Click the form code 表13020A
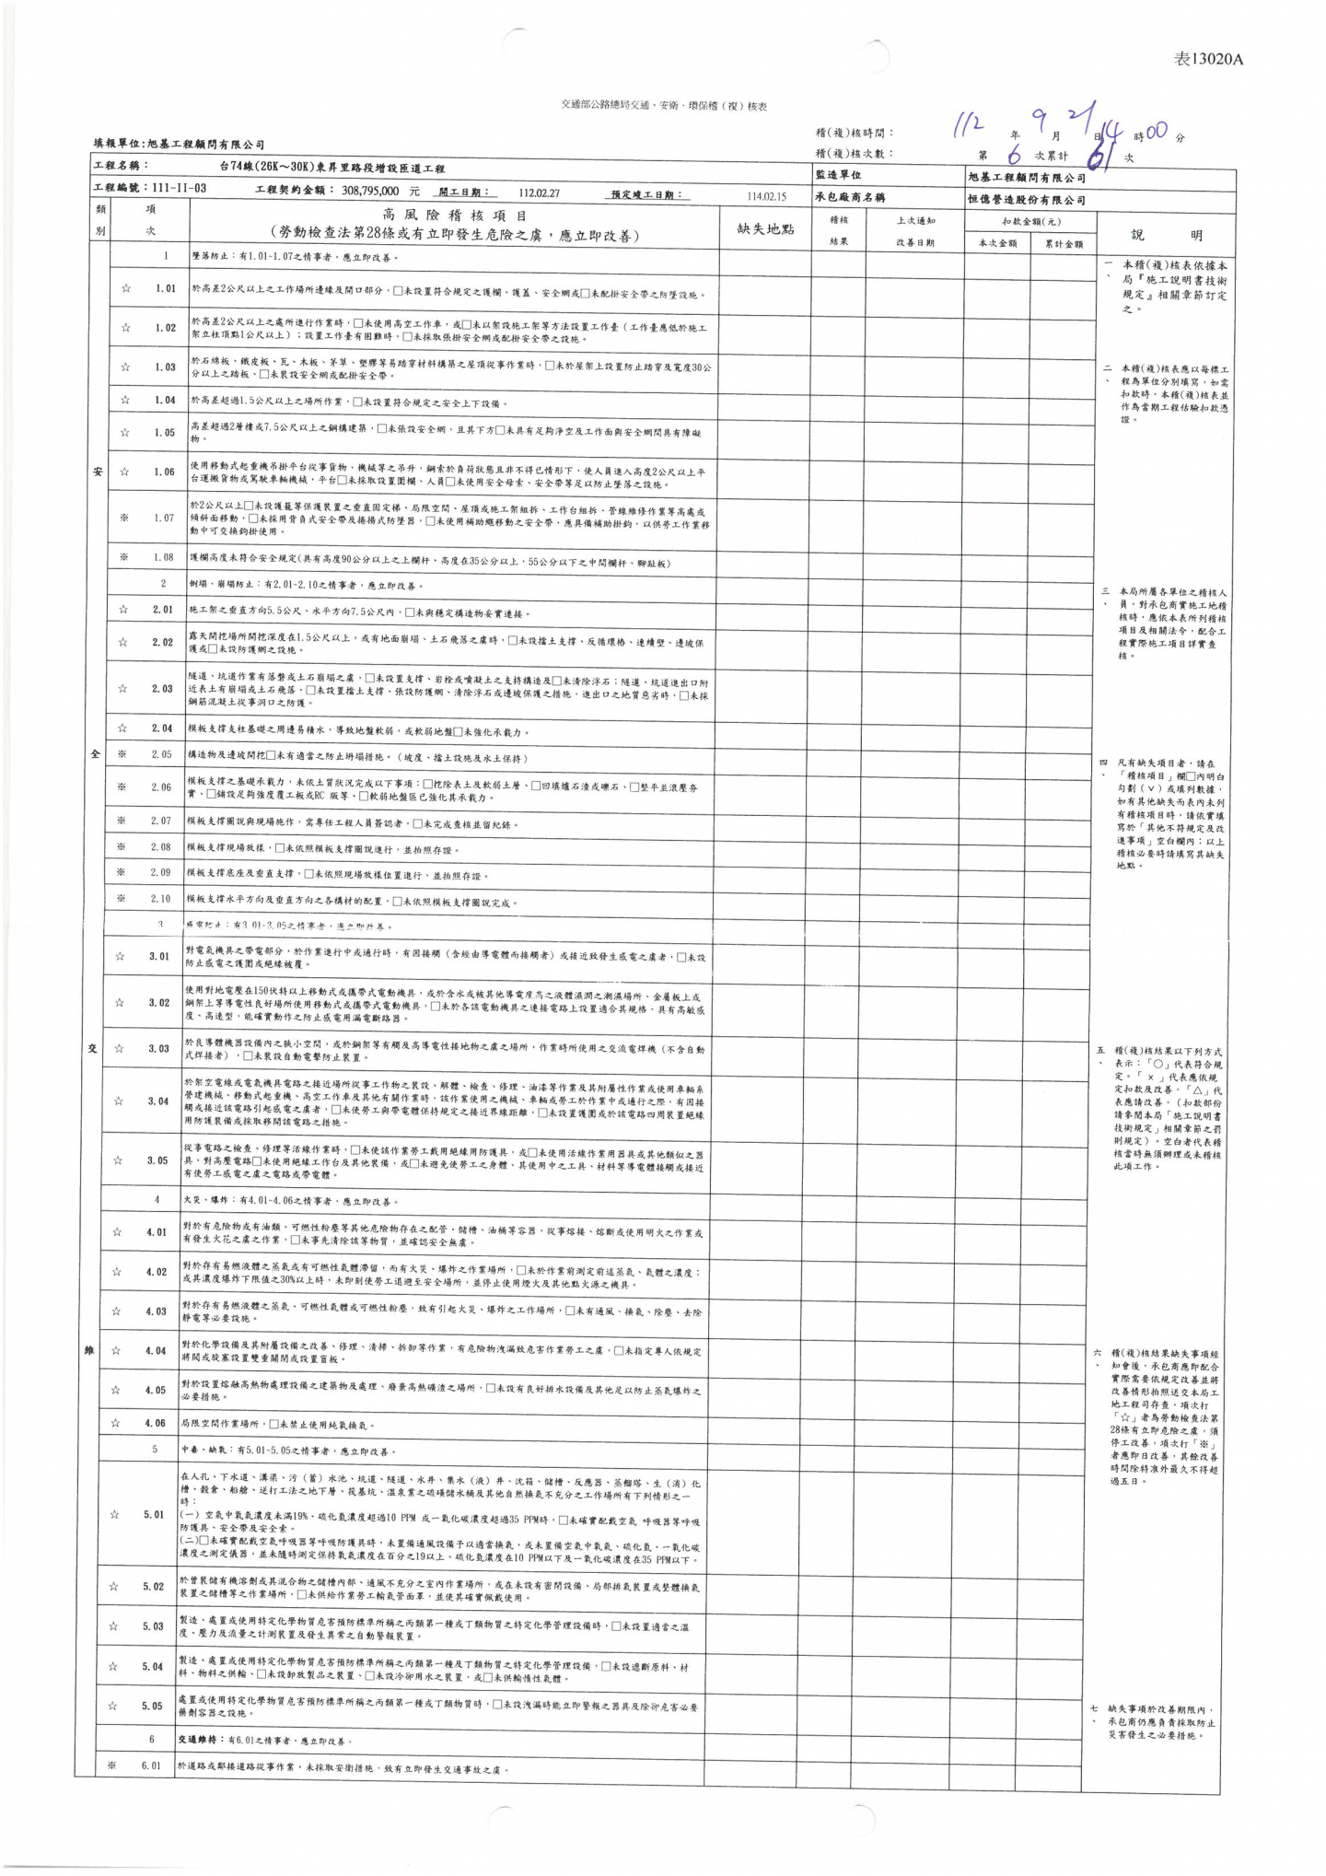pyautogui.click(x=1208, y=60)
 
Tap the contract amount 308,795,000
pyautogui.click(x=370, y=192)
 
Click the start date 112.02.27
pyautogui.click(x=539, y=193)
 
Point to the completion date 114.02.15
pyautogui.click(x=766, y=196)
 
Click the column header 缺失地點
pyautogui.click(x=765, y=228)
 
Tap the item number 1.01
pyautogui.click(x=166, y=288)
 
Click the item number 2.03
pyautogui.click(x=163, y=688)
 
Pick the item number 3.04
pyautogui.click(x=158, y=1101)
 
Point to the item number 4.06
pyautogui.click(x=155, y=1423)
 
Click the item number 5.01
pyautogui.click(x=154, y=1514)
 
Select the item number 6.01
pyautogui.click(x=151, y=1765)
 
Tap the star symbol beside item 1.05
pyautogui.click(x=125, y=432)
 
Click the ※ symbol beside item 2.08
pyautogui.click(x=122, y=846)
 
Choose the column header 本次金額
pyautogui.click(x=997, y=244)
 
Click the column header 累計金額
pyautogui.click(x=1064, y=244)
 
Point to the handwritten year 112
pyautogui.click(x=969, y=124)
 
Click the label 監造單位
pyautogui.click(x=838, y=175)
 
